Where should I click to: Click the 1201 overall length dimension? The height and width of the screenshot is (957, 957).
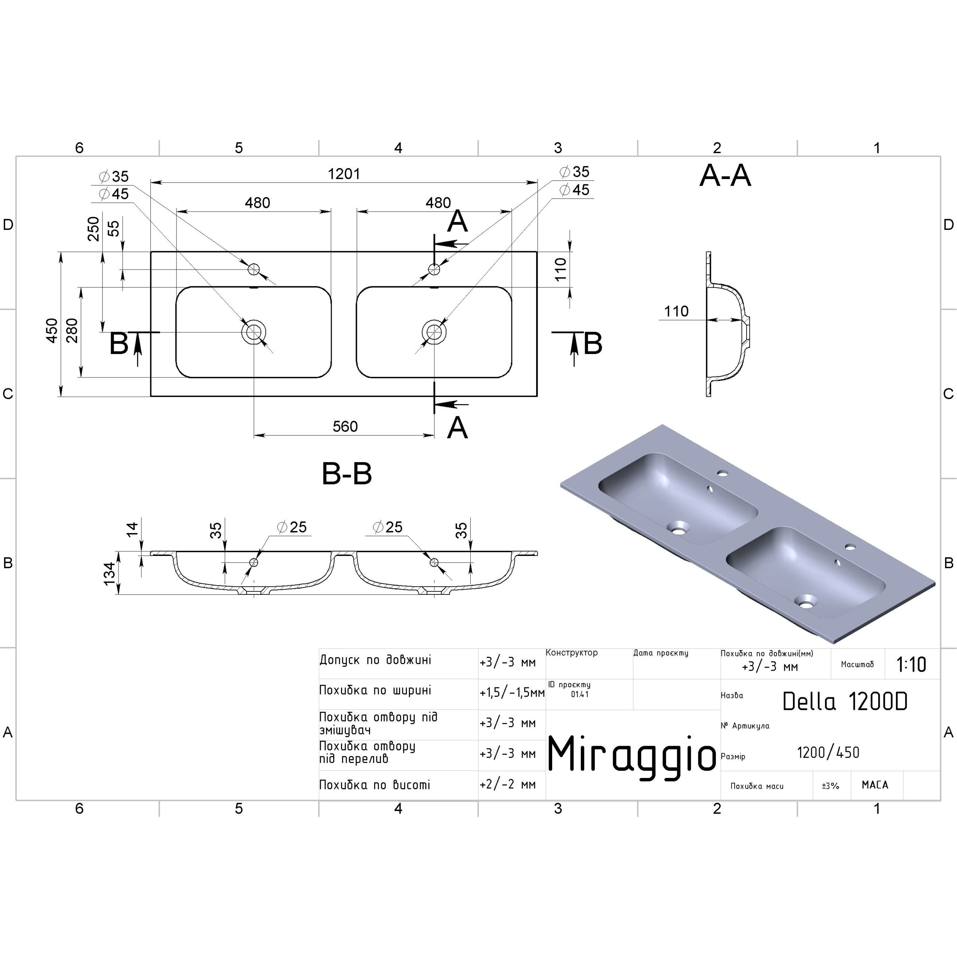click(x=344, y=174)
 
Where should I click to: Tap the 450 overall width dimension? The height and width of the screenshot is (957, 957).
click(x=52, y=330)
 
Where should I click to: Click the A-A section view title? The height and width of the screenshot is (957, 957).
click(x=725, y=176)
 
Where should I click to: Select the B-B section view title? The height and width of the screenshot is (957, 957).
click(x=347, y=474)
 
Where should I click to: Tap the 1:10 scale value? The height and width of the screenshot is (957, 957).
click(x=911, y=664)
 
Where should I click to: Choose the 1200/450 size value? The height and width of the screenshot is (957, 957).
click(x=828, y=753)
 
